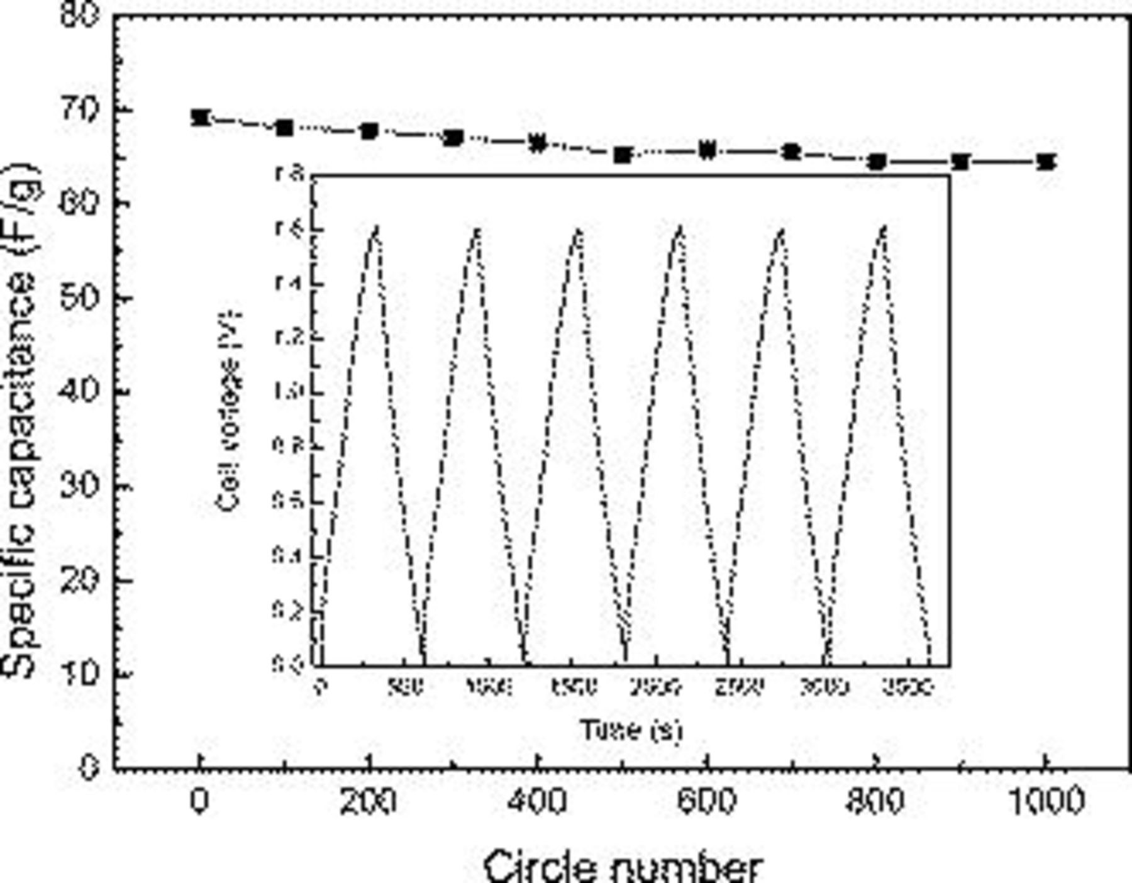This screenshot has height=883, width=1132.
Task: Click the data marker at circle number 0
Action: [200, 118]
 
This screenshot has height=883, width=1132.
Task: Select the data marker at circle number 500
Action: [623, 154]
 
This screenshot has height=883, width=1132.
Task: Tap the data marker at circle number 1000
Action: [1046, 162]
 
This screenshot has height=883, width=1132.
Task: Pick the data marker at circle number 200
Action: [369, 131]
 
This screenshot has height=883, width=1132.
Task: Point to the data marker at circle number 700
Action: [792, 152]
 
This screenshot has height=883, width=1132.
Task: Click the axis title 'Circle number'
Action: [623, 867]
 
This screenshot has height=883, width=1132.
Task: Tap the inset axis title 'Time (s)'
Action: [630, 730]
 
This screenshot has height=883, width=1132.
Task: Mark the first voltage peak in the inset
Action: [375, 230]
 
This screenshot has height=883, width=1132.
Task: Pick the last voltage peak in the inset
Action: [884, 230]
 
